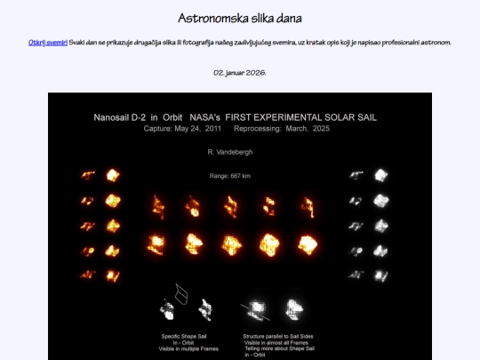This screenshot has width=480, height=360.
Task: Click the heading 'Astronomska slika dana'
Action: [x=239, y=18]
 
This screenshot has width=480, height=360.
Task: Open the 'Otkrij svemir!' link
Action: [x=48, y=43]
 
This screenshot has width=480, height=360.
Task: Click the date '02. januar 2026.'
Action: [x=239, y=72]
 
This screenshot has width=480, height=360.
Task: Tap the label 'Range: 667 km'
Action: [x=229, y=176]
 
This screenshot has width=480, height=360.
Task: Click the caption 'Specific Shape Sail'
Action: [x=183, y=336]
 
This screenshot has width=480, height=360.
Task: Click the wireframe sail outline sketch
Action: [x=181, y=292]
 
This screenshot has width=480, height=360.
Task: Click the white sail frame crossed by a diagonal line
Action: [x=259, y=309]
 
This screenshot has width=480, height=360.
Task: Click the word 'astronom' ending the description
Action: [x=435, y=43]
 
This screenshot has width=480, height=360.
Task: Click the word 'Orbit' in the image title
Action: [x=189, y=116]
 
